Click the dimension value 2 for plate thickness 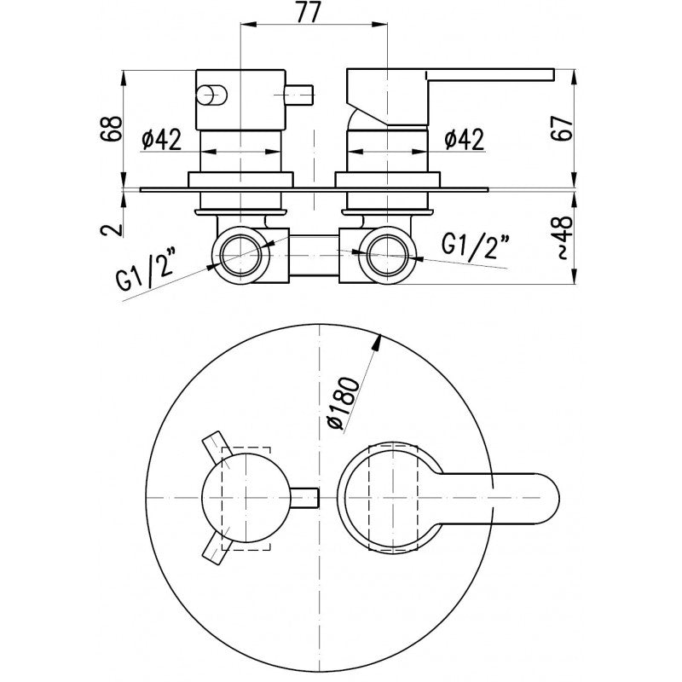(x=108, y=228)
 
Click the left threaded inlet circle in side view (x=241, y=252)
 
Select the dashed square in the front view (x=245, y=496)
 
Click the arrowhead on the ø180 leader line (x=376, y=342)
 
